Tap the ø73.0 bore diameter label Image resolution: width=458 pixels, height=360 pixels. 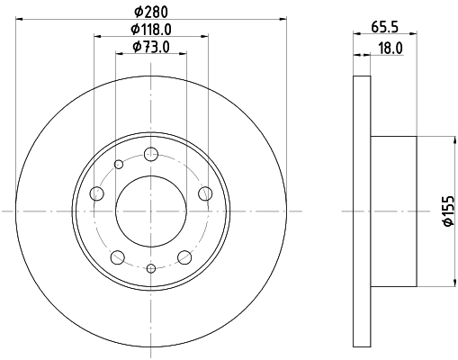coord(150,47)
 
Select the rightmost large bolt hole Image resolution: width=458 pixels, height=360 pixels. coord(204,192)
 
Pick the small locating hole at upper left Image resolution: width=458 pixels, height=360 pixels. coord(119,163)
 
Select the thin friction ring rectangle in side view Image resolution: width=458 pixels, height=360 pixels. coord(362,211)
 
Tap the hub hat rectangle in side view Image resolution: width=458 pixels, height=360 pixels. coord(393,211)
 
